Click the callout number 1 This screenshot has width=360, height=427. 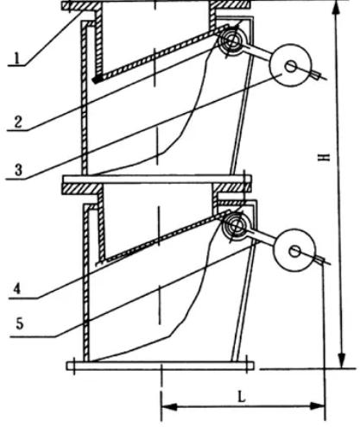pyautogui.click(x=17, y=58)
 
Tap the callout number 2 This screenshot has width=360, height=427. pyautogui.click(x=18, y=122)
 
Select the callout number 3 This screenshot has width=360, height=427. pyautogui.click(x=18, y=170)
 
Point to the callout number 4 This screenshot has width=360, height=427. pyautogui.click(x=17, y=288)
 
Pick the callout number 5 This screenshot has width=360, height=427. pyautogui.click(x=19, y=323)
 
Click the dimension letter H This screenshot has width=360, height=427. pyautogui.click(x=325, y=157)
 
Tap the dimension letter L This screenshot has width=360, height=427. pyautogui.click(x=242, y=397)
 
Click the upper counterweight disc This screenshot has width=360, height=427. pyautogui.click(x=290, y=65)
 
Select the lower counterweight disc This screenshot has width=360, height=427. pyautogui.click(x=294, y=250)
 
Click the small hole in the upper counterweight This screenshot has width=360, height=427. pyautogui.click(x=290, y=66)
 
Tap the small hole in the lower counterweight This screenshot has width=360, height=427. pyautogui.click(x=294, y=252)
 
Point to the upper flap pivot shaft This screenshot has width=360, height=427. pyautogui.click(x=231, y=41)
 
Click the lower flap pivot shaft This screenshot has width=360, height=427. pyautogui.click(x=235, y=226)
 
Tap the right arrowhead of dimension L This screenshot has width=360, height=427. pyautogui.click(x=317, y=406)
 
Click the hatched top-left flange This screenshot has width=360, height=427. pyautogui.click(x=81, y=6)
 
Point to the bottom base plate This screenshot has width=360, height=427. pyautogui.click(x=161, y=366)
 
